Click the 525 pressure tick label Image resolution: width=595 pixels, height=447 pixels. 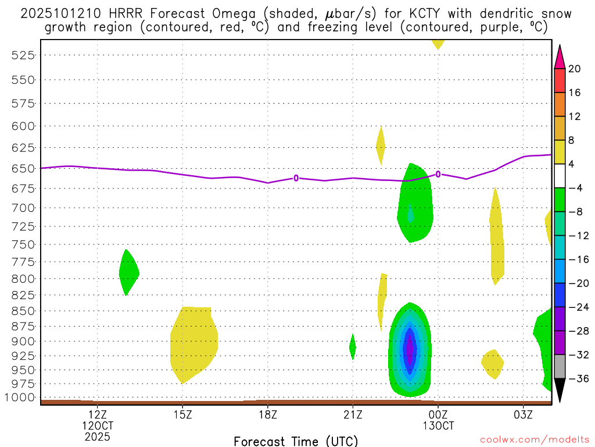[x=21, y=55]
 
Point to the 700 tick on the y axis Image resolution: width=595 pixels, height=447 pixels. [x=21, y=207]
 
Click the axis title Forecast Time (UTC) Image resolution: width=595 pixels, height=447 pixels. [x=296, y=441]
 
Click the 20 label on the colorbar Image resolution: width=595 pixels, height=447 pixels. [x=575, y=69]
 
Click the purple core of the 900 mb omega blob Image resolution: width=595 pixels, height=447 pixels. [x=410, y=349]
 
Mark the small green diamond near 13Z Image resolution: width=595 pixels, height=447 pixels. [x=128, y=272]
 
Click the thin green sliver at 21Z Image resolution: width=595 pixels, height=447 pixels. [x=353, y=347]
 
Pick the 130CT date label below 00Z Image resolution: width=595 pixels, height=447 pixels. [x=438, y=425]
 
